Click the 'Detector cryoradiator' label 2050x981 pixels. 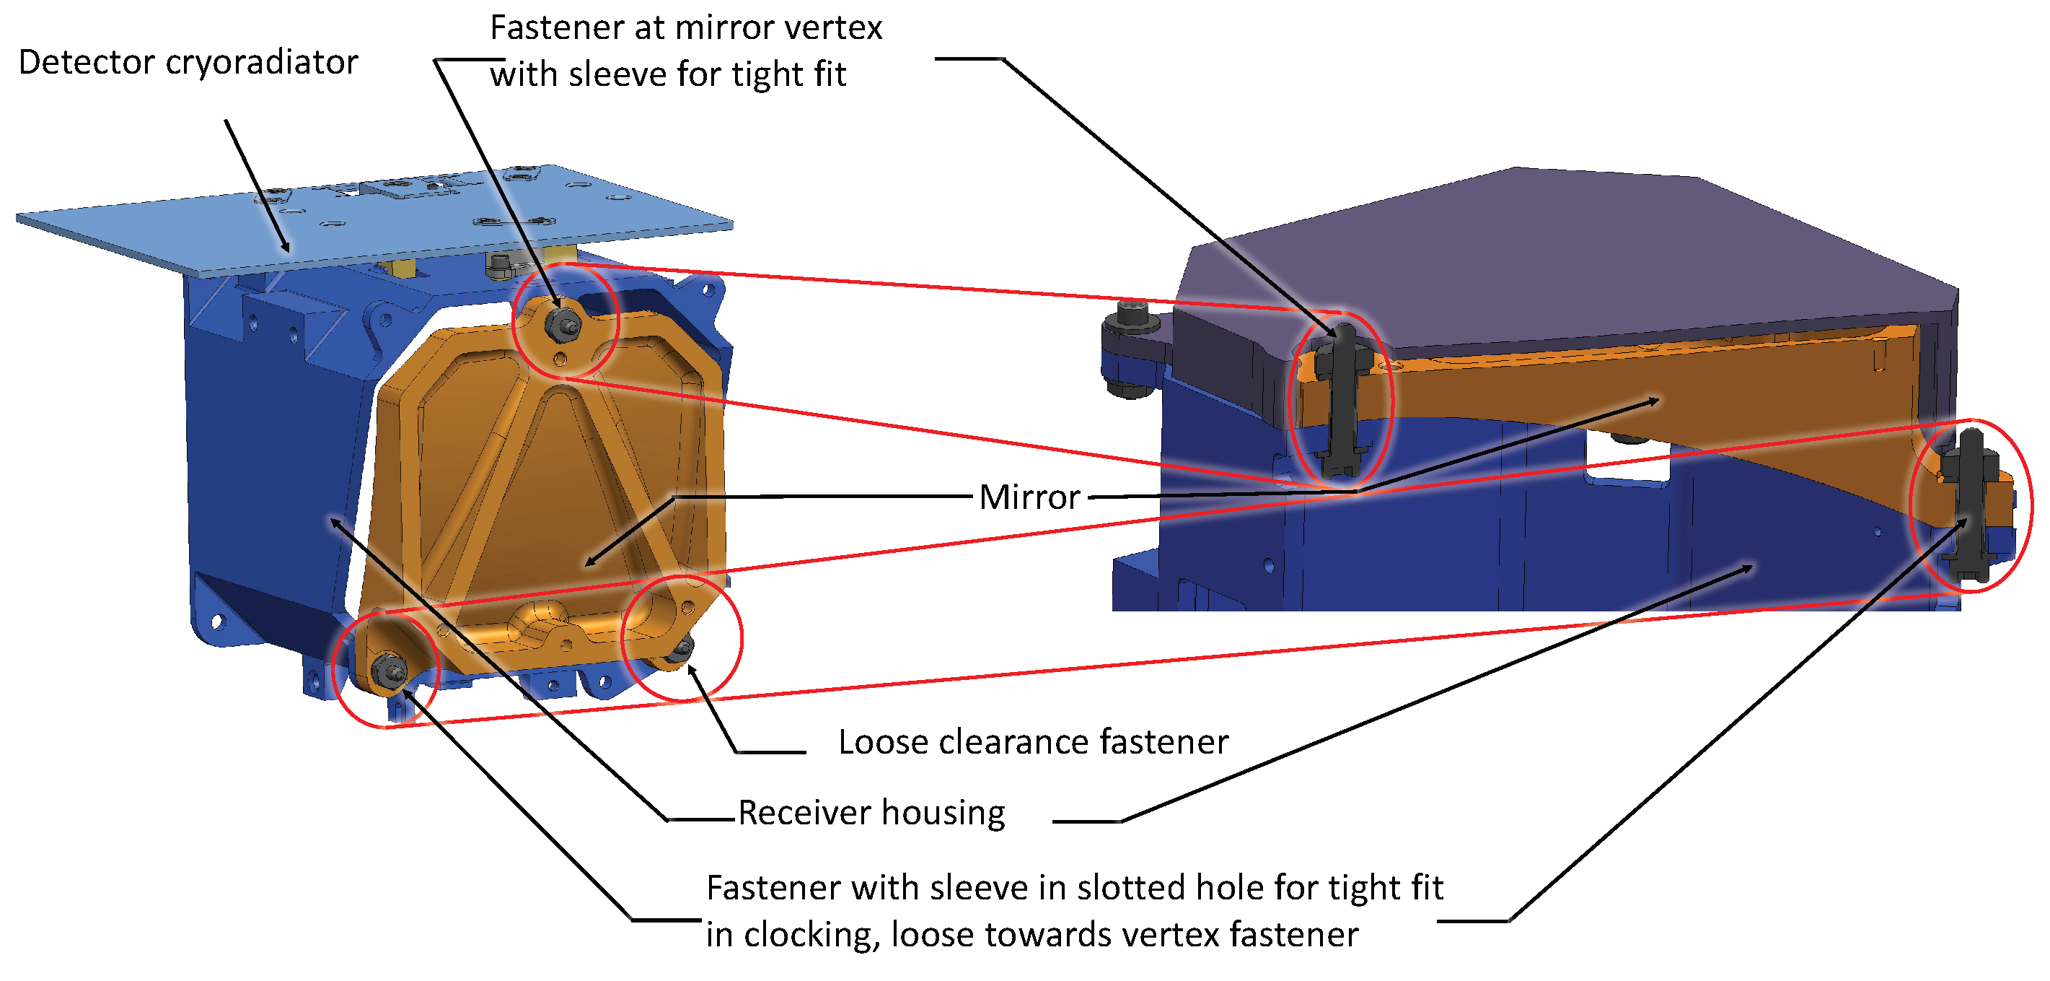pyautogui.click(x=188, y=62)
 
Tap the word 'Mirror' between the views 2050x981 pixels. pyautogui.click(x=1029, y=497)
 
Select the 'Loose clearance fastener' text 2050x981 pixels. pyautogui.click(x=1033, y=742)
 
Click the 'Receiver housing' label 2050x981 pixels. pyautogui.click(x=871, y=813)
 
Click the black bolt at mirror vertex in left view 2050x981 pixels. pyautogui.click(x=563, y=323)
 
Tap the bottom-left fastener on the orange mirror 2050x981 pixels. pyautogui.click(x=389, y=671)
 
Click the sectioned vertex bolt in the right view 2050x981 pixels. pyautogui.click(x=1342, y=398)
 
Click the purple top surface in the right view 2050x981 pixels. pyautogui.click(x=1552, y=255)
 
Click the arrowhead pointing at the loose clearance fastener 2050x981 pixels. pyautogui.click(x=691, y=670)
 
